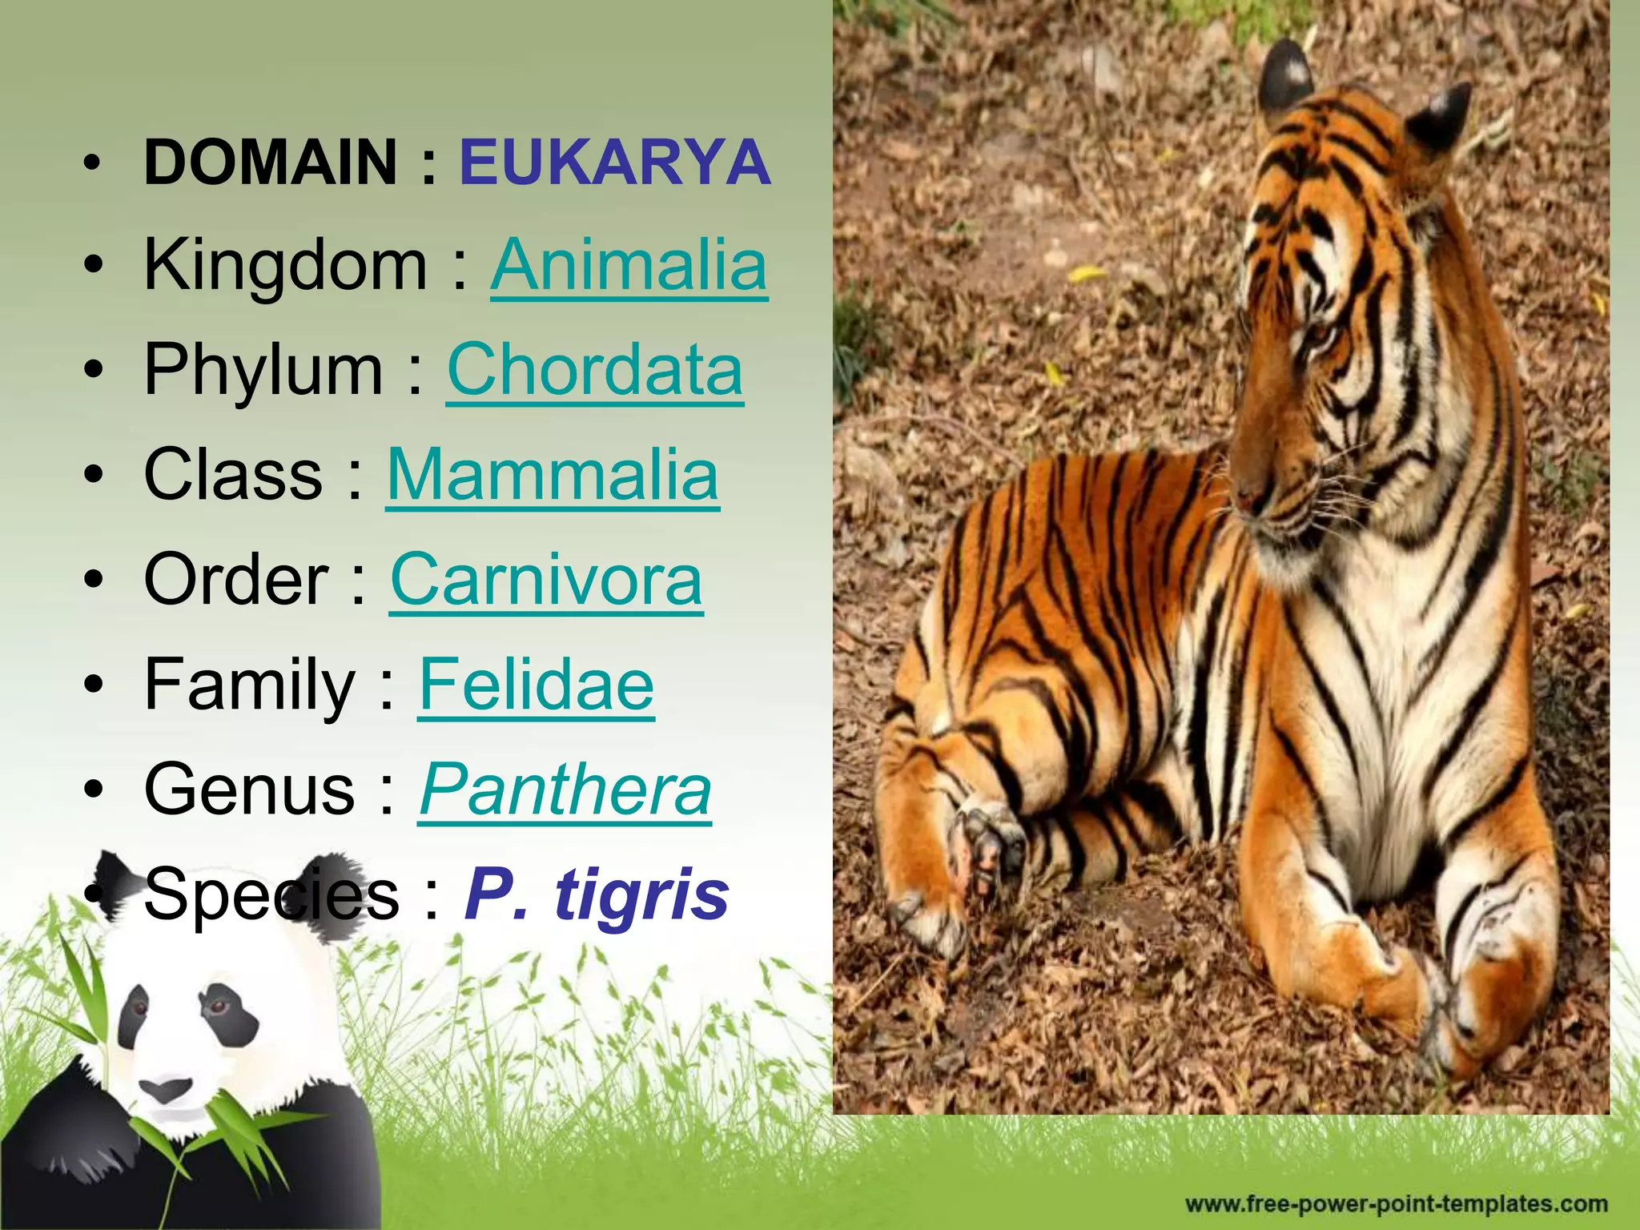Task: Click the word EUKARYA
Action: point(614,162)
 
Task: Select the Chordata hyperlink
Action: point(594,370)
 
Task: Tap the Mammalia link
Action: point(553,475)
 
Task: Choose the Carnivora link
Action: point(546,580)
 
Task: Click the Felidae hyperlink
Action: point(536,685)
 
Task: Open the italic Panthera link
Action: point(565,790)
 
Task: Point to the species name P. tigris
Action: point(597,894)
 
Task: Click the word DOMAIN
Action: point(271,162)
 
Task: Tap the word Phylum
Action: point(263,370)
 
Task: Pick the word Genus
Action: point(249,790)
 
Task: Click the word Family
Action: point(249,685)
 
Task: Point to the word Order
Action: point(236,580)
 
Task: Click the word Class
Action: point(233,475)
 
